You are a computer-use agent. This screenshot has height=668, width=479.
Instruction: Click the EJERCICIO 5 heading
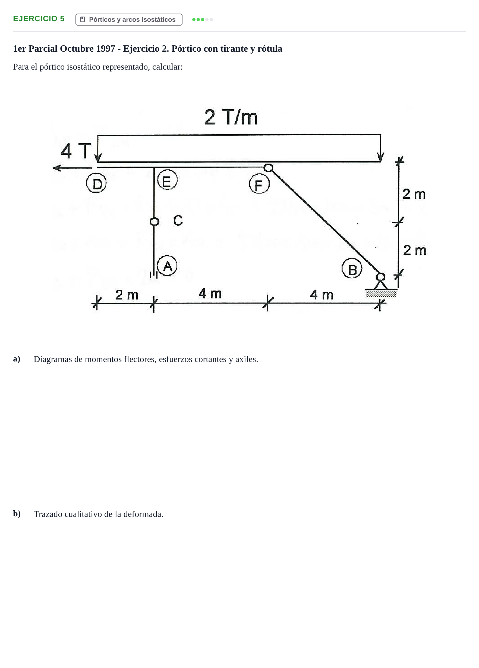coord(39,19)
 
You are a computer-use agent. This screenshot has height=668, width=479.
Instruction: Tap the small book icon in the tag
coord(83,20)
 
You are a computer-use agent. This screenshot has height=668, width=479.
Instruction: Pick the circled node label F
coord(259,184)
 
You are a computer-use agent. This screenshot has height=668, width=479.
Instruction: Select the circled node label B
coord(352,269)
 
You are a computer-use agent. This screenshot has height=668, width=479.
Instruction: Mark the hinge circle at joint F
coord(268,168)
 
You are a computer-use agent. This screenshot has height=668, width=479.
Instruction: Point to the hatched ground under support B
coord(381,294)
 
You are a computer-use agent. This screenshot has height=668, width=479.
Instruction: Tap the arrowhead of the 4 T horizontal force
coord(56,168)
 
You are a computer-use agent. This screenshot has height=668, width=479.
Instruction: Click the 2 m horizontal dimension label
coord(127,295)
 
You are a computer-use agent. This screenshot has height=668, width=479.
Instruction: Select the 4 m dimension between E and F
coord(210,294)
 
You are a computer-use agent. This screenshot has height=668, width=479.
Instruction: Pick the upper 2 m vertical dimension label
coord(414,194)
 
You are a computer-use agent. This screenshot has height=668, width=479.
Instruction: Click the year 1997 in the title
coord(105,49)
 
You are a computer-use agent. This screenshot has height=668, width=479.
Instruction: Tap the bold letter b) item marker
coord(17,513)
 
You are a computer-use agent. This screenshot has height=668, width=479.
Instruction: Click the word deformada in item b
coord(143,514)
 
